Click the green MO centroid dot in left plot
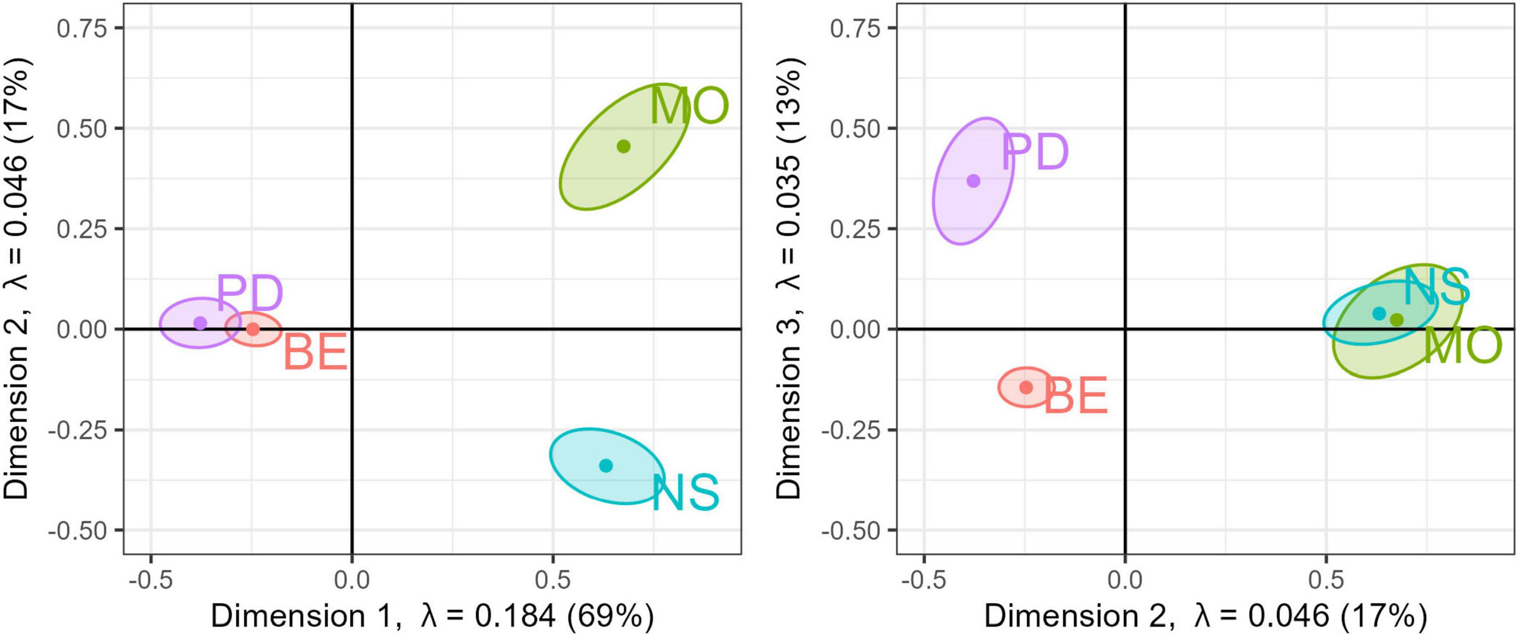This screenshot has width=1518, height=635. coord(623,146)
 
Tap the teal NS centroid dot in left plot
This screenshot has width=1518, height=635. coord(606,465)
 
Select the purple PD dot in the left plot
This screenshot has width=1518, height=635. coord(201,323)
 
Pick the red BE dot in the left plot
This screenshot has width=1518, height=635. coord(253,329)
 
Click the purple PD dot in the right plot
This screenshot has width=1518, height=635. coord(974,181)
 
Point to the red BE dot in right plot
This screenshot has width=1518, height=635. coord(1026,387)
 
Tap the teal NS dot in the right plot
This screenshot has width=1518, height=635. coord(1379,313)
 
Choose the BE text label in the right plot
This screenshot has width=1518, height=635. coord(1076,396)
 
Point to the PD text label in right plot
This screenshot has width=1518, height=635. coord(1035,152)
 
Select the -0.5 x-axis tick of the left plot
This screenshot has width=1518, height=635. coord(151,580)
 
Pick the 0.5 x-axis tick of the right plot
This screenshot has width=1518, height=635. coord(1326,580)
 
